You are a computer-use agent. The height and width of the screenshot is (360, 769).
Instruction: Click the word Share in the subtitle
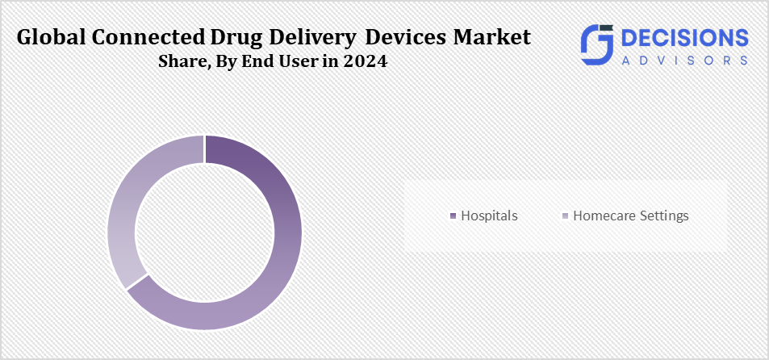coord(179,62)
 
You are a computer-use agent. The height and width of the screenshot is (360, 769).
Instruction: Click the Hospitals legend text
coord(489,216)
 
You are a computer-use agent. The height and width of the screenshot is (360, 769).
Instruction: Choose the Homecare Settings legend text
coord(630,216)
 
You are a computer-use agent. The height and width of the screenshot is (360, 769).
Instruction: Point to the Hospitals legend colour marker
coord(453,216)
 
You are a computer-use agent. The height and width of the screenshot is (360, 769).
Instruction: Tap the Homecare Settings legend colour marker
coord(566,216)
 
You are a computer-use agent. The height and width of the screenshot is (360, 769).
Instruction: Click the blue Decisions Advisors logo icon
coord(597,44)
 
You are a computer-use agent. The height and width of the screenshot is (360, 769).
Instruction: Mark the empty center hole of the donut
coord(204,232)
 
